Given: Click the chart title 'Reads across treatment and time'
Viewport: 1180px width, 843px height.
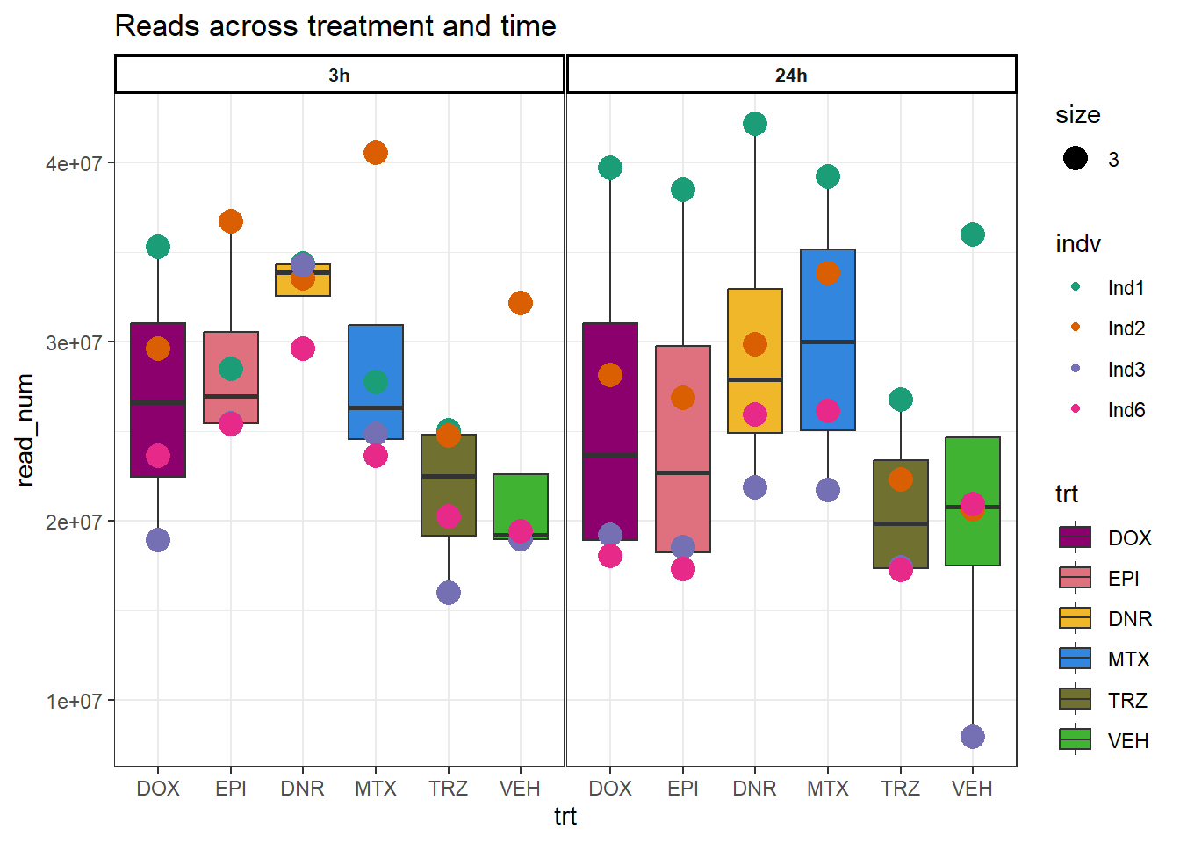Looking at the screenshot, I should coord(335,26).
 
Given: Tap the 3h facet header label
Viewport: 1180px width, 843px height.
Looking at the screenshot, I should coord(339,76).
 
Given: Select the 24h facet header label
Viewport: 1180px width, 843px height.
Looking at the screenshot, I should coord(791,76).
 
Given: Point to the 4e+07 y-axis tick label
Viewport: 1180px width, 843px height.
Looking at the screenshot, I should coord(74,164).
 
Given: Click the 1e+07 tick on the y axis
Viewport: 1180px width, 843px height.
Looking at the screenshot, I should coord(74,702).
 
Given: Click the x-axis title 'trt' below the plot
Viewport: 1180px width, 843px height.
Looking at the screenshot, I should coord(565,817).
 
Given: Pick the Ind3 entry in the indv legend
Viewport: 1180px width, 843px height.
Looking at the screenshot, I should coord(1126,370).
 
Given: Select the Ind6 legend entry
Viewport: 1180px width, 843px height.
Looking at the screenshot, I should coord(1126,410).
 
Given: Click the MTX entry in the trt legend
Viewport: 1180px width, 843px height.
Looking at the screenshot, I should coord(1128,659).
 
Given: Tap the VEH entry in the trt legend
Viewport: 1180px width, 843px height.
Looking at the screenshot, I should coord(1128,741).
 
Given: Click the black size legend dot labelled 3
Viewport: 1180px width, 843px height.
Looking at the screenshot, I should coord(1076,159).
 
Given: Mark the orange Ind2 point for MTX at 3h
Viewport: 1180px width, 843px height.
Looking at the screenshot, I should coord(376,153).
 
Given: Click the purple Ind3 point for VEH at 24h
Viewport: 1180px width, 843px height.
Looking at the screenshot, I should coord(973,737).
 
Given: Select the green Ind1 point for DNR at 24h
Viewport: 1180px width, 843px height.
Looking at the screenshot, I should coord(755,124).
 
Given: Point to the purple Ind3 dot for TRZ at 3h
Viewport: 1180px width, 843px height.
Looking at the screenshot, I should coord(449,593).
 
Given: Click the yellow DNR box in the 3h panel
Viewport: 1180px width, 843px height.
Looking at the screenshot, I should coord(303,286).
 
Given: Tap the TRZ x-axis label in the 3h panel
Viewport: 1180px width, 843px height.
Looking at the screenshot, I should coord(449,789).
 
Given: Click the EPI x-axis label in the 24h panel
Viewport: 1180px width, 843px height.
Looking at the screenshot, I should coord(683,789).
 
